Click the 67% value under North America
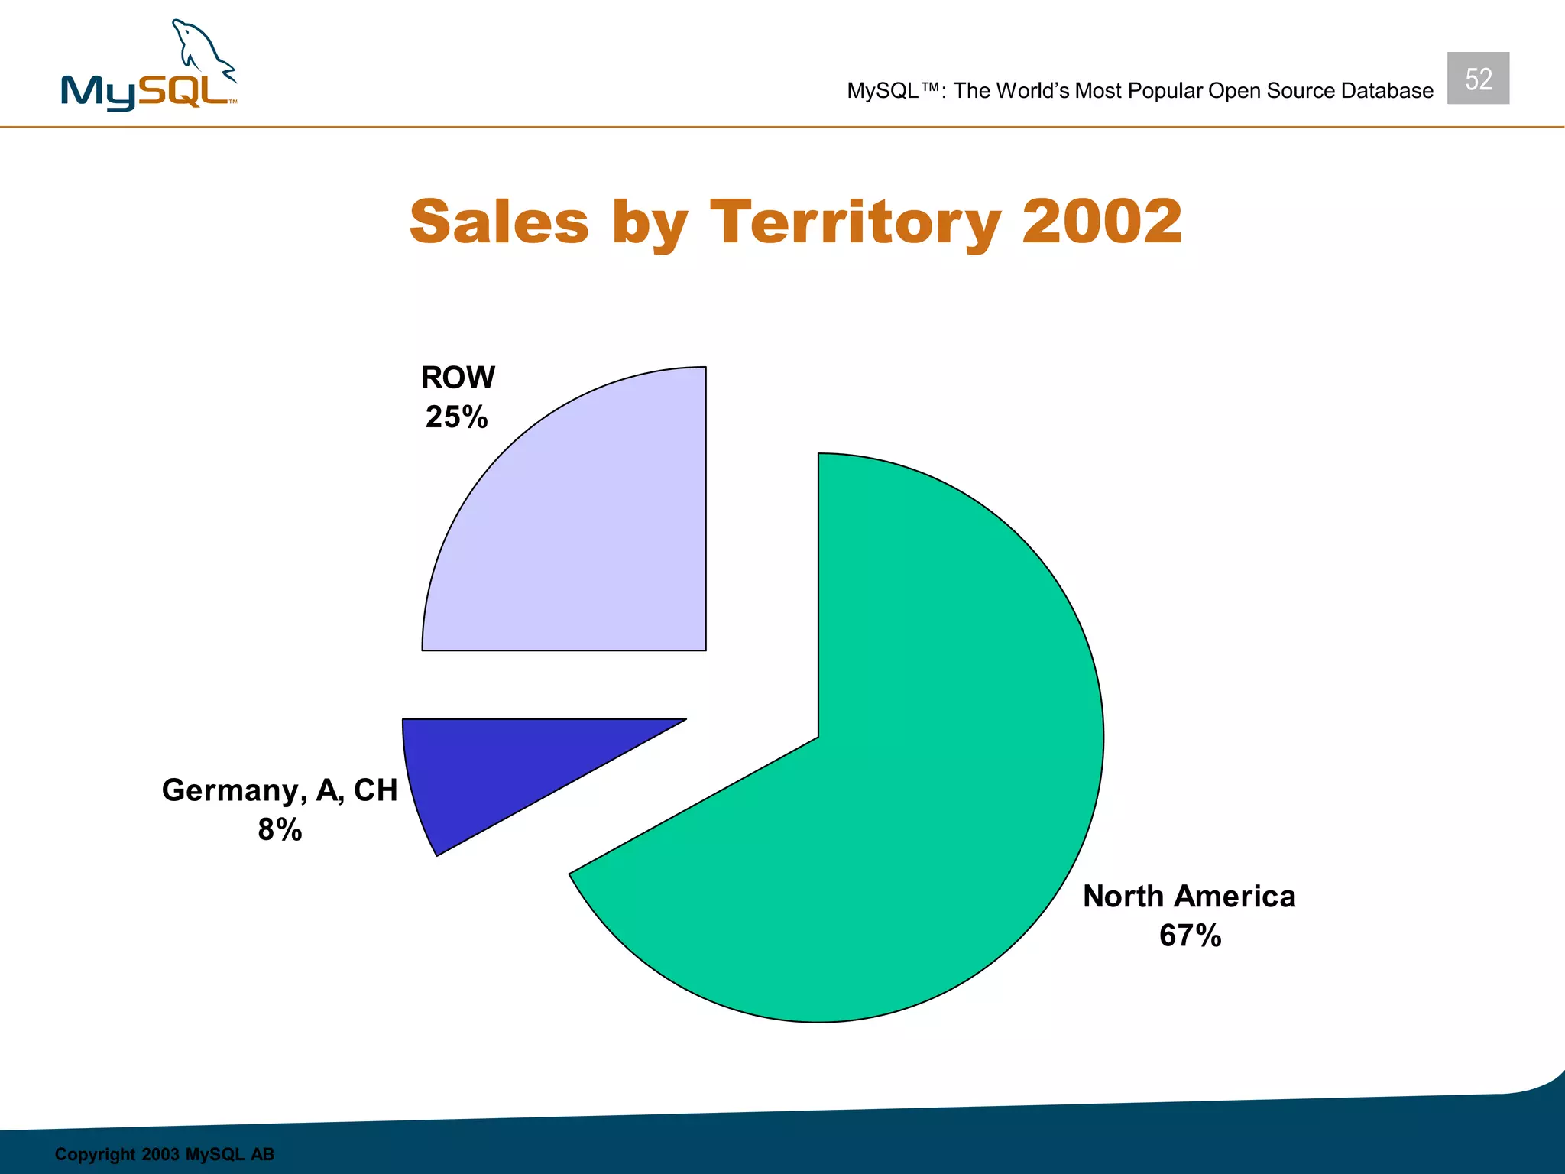[x=1190, y=936]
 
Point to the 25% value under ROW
[x=456, y=417]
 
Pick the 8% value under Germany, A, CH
[x=280, y=830]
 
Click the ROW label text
[x=458, y=378]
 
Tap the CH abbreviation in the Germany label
[x=375, y=790]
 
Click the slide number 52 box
[x=1478, y=79]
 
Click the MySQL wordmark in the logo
[x=145, y=93]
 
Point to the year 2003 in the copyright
[x=160, y=1154]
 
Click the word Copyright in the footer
[x=95, y=1154]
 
